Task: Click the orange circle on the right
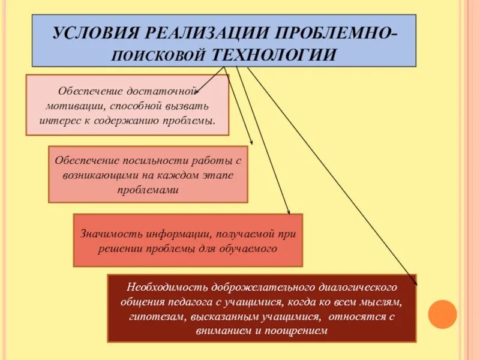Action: coord(443,314)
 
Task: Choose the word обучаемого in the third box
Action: coord(251,248)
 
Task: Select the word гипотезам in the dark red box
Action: coord(150,316)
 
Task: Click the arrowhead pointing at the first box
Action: coord(197,93)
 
